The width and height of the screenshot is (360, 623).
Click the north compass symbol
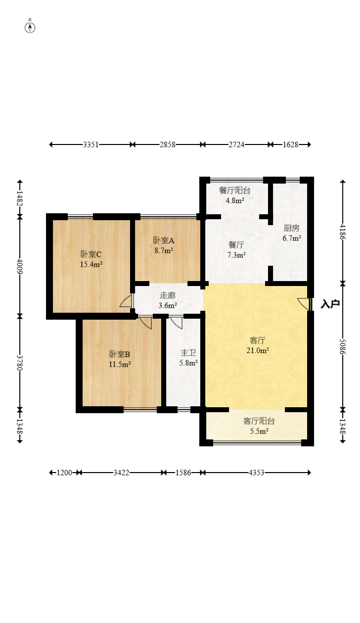tap(30, 28)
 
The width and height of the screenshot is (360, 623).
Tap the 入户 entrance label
tap(330, 304)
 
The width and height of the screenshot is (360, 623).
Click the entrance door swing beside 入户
tap(304, 304)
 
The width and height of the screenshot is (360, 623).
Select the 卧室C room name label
tap(91, 254)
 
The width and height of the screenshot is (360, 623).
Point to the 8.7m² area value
tap(164, 250)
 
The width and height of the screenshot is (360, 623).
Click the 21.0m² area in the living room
tap(258, 350)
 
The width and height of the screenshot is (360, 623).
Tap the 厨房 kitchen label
tap(292, 228)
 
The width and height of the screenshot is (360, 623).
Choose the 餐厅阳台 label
tap(235, 190)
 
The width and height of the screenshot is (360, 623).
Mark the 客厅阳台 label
tap(259, 421)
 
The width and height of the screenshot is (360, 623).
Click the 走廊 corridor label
tap(168, 295)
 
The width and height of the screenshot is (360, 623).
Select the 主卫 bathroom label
tap(188, 353)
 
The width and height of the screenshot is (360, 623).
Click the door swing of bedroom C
tap(126, 301)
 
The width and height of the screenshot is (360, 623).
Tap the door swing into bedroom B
tap(145, 323)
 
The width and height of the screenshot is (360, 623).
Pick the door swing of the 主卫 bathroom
tap(176, 323)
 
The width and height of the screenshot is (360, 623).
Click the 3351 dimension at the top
tap(91, 144)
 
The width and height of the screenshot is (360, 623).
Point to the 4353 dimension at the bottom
tap(256, 473)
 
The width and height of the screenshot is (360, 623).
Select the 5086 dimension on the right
tap(343, 346)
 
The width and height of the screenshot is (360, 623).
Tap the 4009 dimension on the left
tap(20, 266)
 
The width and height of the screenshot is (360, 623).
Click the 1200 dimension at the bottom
tap(64, 473)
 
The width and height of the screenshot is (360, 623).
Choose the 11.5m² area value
tap(120, 364)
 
